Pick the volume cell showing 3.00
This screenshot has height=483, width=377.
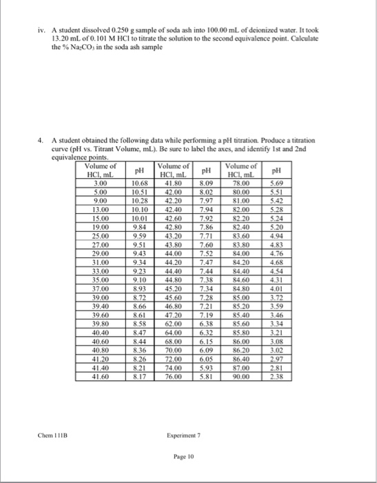coord(100,183)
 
